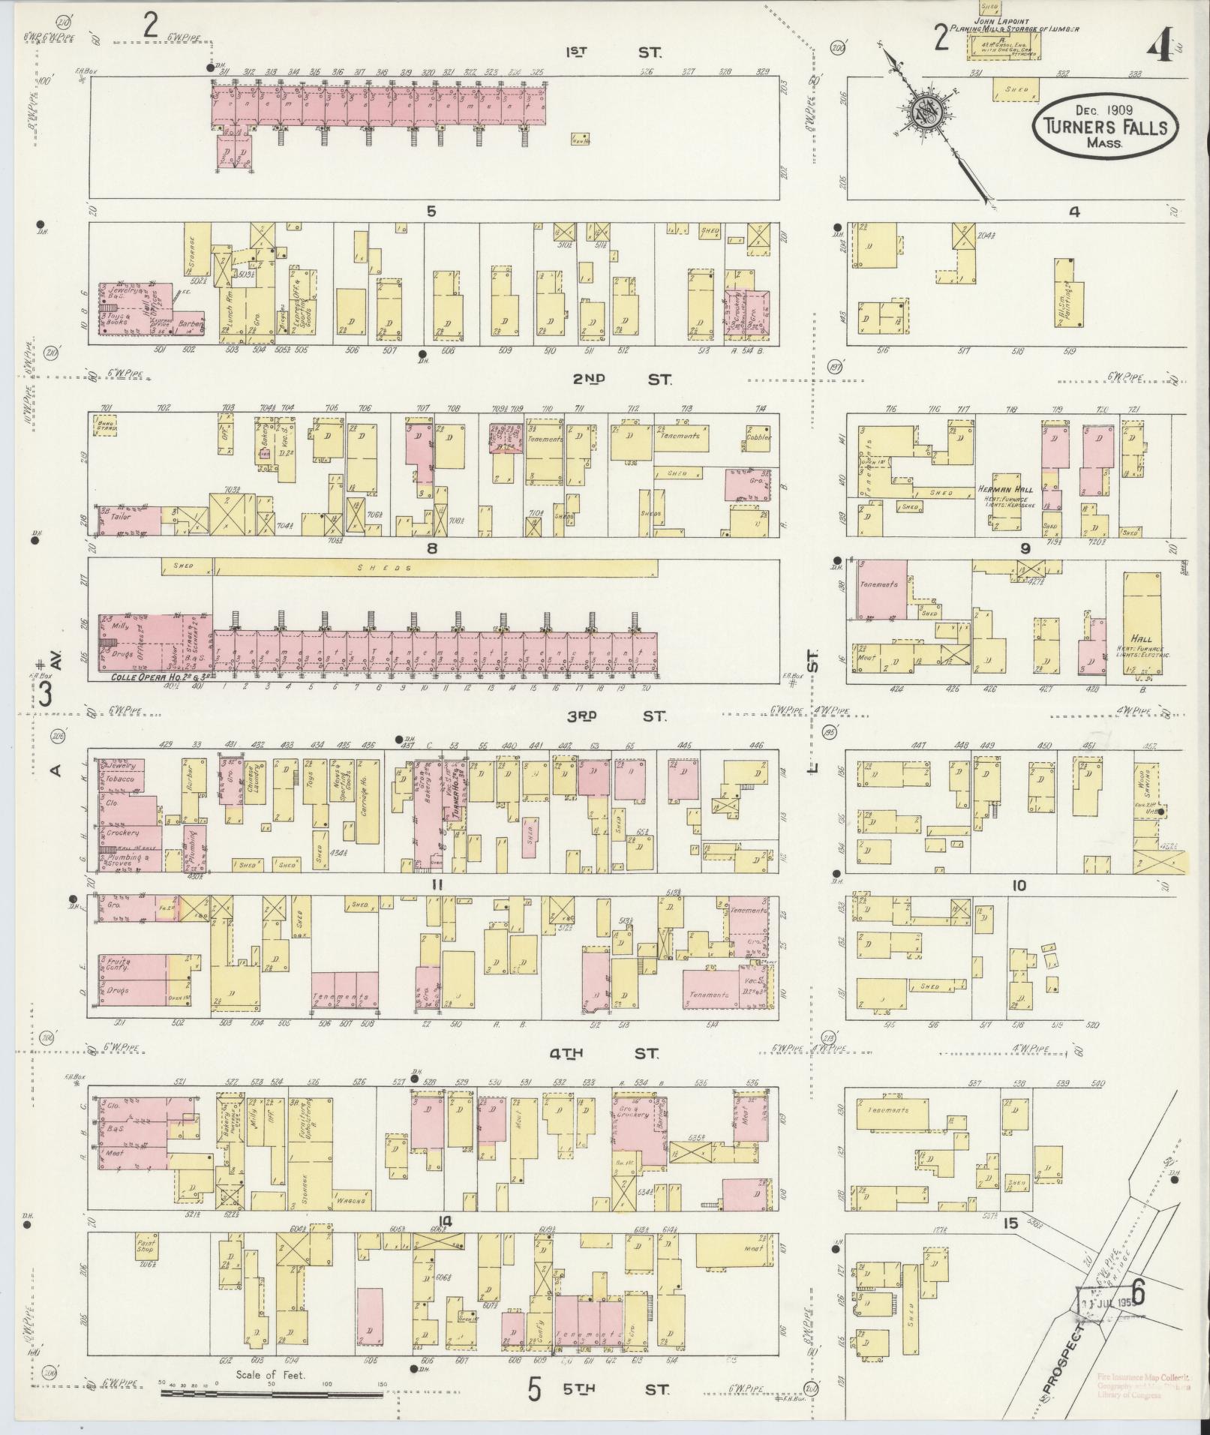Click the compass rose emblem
(926, 113)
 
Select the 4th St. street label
(603, 1053)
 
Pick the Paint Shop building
(146, 1246)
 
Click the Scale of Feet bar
(272, 1394)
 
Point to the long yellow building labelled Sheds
(435, 569)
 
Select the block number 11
(437, 885)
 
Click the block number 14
(446, 1222)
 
